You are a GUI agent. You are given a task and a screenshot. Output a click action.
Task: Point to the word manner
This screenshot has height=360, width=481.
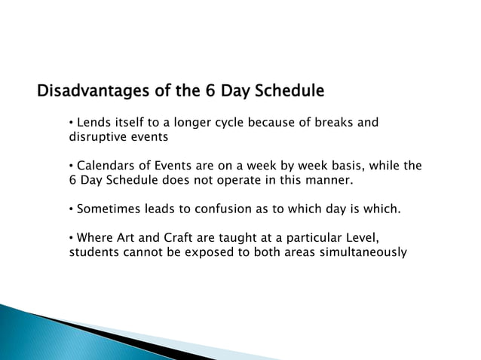327,181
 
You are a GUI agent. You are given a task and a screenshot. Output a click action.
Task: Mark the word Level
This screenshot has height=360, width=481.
357,238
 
